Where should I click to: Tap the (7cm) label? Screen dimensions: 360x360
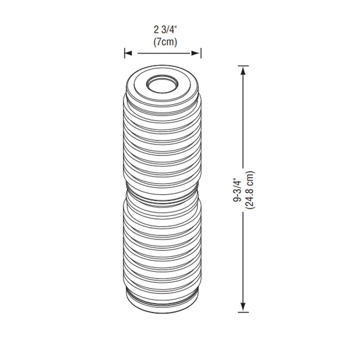pyautogui.click(x=163, y=42)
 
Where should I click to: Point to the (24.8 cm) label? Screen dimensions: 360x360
pyautogui.click(x=249, y=190)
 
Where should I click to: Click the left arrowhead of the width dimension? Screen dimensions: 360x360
pyautogui.click(x=128, y=53)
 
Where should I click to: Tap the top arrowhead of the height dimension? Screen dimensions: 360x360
pyautogui.click(x=243, y=70)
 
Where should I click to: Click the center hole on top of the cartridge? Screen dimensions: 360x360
pyautogui.click(x=162, y=85)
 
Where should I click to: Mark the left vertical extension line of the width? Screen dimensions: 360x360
pyautogui.click(x=125, y=53)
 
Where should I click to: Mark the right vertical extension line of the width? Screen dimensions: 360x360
pyautogui.click(x=201, y=53)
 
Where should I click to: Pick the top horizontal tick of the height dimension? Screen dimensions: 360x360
pyautogui.click(x=243, y=66)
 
